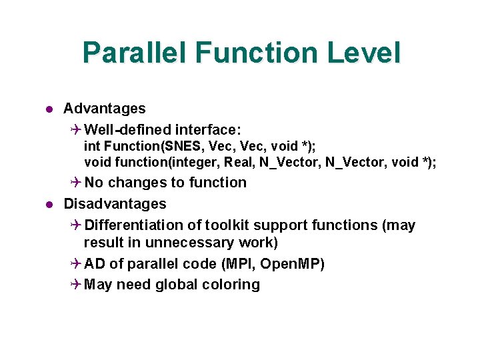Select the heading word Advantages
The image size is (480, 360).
(104, 108)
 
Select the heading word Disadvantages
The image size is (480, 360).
(115, 203)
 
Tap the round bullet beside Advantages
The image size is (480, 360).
(49, 109)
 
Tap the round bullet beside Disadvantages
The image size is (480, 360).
(49, 204)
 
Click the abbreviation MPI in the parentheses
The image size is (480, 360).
(237, 264)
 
